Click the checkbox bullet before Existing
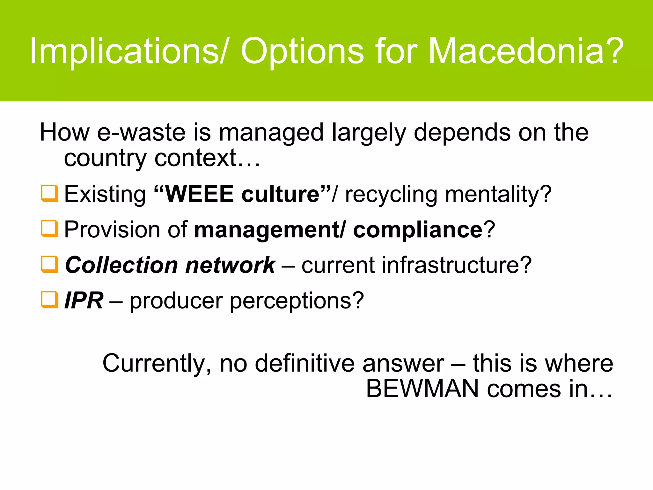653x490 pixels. pyautogui.click(x=50, y=193)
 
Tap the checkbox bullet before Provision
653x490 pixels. pyautogui.click(x=50, y=229)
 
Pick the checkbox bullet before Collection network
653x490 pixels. pyautogui.click(x=50, y=264)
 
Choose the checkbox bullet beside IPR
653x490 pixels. pyautogui.click(x=50, y=300)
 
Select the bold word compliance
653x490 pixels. pyautogui.click(x=418, y=230)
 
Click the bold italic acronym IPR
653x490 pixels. pyautogui.click(x=84, y=301)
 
